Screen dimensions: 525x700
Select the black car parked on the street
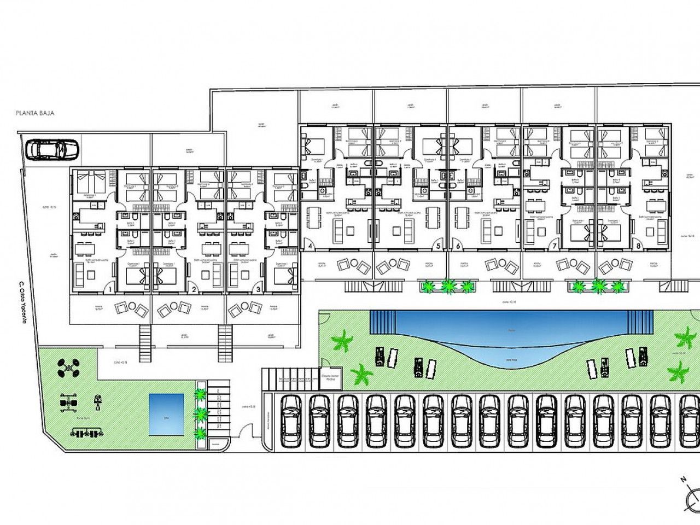(52, 149)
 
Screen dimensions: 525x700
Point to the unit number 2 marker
(192, 289)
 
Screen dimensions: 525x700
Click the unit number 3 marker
(259, 289)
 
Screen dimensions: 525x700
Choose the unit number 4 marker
(311, 246)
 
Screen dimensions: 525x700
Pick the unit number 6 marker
(458, 246)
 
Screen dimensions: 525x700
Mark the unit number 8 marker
(639, 246)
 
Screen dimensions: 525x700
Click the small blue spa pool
(166, 415)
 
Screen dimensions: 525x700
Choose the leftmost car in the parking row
(290, 419)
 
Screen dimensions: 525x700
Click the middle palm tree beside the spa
(201, 414)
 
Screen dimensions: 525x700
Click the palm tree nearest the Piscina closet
(361, 375)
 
